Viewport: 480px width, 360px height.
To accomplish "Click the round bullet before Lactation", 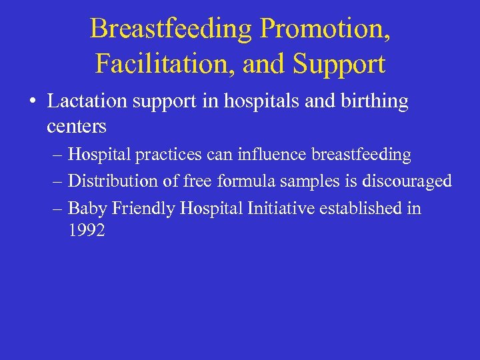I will (33, 102).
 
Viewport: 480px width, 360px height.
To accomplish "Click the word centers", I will (77, 125).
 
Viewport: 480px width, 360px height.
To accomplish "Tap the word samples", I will (312, 181).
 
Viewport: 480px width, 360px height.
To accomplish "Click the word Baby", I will (88, 208).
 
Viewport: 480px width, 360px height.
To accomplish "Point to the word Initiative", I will (281, 208).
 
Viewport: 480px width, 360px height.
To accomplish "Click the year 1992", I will (87, 231).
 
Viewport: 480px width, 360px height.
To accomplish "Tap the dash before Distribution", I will (57, 181).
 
